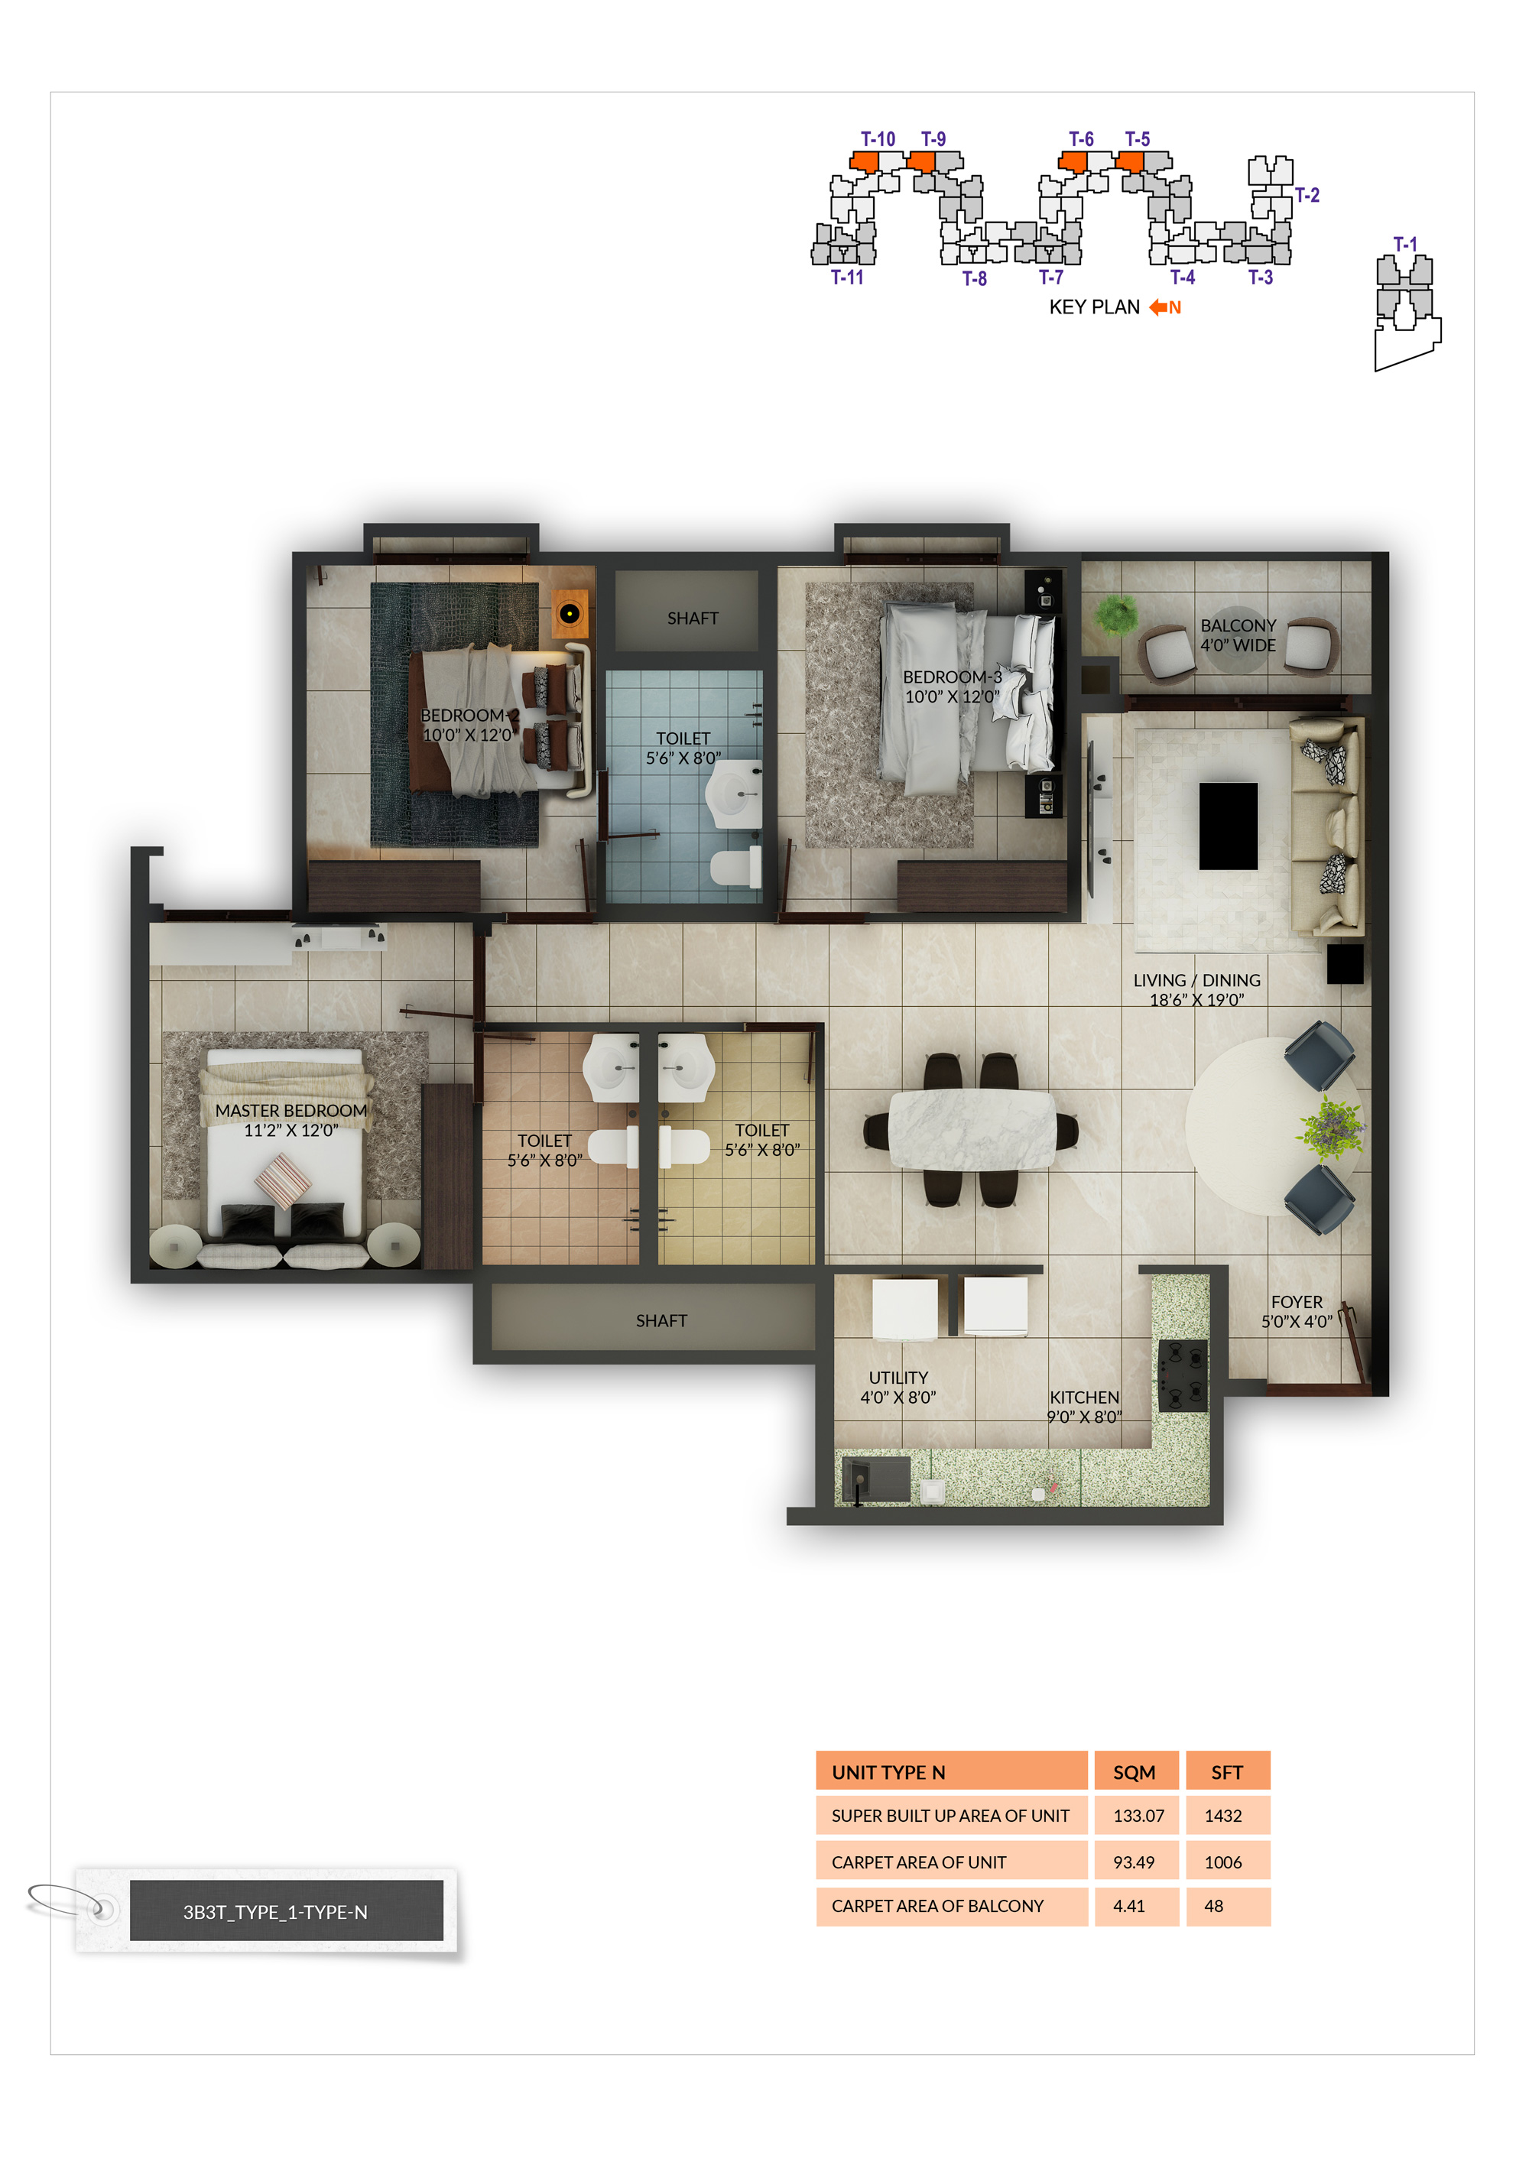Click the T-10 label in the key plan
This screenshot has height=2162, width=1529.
pos(878,138)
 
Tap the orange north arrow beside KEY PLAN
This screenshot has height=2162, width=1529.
pos(1158,307)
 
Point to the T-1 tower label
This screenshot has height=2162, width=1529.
pos(1404,244)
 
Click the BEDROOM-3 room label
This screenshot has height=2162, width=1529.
pos(952,677)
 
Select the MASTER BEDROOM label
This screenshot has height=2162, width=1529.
pos(291,1110)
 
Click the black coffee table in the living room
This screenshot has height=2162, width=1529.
pos(1228,826)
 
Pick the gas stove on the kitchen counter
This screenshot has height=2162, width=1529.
pos(1183,1376)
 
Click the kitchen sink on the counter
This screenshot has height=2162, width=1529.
pos(875,1479)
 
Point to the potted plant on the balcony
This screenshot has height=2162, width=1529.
pos(1117,614)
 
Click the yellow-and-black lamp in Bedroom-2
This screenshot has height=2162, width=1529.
pos(569,614)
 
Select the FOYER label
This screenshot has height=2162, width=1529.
pos(1297,1301)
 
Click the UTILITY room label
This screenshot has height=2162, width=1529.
pos(898,1377)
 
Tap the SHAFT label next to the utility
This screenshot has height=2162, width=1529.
pos(661,1320)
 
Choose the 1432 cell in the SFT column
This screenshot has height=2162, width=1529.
pos(1223,1816)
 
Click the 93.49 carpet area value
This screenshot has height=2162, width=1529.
pos(1134,1862)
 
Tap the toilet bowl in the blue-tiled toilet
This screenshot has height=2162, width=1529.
pos(736,866)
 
